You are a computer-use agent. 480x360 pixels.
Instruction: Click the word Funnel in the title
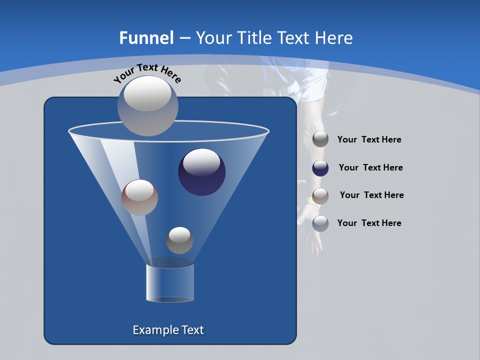146,38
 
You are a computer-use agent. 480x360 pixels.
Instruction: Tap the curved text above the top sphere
147,72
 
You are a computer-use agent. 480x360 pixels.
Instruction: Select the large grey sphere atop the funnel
148,106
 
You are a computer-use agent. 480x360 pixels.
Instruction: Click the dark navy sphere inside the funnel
202,172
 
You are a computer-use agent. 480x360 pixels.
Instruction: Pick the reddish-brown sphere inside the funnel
139,197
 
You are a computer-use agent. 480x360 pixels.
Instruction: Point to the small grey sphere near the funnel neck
179,240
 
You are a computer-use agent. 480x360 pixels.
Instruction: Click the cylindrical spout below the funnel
170,282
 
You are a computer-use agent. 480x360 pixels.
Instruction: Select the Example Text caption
168,330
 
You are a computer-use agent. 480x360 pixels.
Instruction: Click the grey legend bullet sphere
320,139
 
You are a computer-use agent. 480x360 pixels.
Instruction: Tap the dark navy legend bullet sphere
320,168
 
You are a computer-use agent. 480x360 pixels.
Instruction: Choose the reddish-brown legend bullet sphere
320,195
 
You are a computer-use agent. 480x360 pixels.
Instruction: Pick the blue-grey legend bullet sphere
320,223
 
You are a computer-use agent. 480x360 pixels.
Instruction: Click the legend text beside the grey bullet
369,140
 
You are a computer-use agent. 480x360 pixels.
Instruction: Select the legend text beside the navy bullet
370,168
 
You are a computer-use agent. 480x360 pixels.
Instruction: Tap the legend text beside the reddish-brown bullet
371,195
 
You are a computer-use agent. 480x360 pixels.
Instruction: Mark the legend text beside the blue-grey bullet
369,223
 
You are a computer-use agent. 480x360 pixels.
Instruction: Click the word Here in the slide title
334,38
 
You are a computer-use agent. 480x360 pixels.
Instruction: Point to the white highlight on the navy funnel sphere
201,161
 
